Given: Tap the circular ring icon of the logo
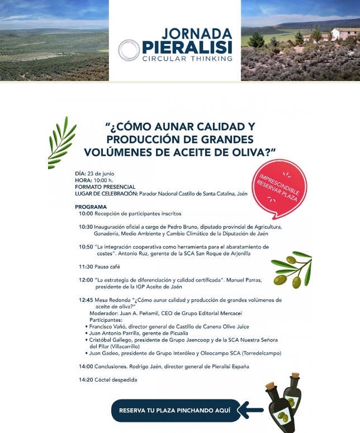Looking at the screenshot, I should click(129, 50).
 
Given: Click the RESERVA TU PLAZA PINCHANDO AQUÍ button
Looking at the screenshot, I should click(175, 410).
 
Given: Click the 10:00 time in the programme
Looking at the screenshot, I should click(86, 213).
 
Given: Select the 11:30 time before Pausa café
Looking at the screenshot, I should click(86, 267).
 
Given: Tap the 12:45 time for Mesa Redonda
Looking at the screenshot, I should click(86, 300).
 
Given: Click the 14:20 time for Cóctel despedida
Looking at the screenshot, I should click(86, 380).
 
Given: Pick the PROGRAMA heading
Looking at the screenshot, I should click(91, 207).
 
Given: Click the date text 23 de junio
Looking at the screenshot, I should click(101, 174).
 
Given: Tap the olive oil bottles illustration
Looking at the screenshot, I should click(285, 402).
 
